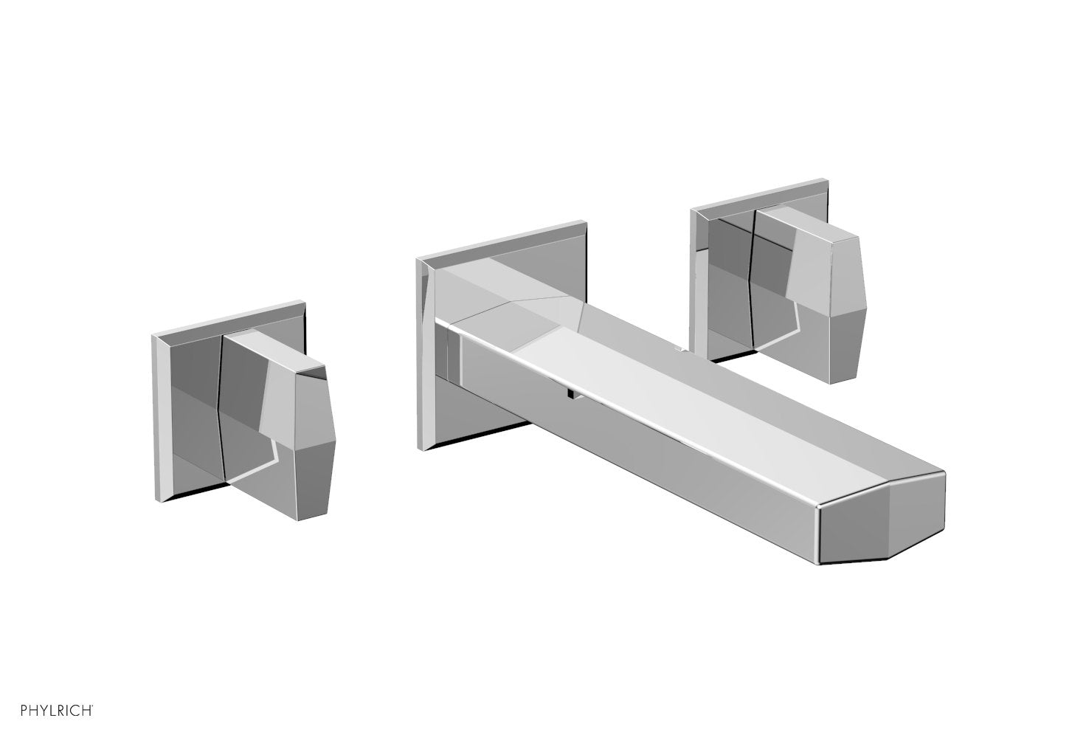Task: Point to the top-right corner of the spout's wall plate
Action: click(x=586, y=221)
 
